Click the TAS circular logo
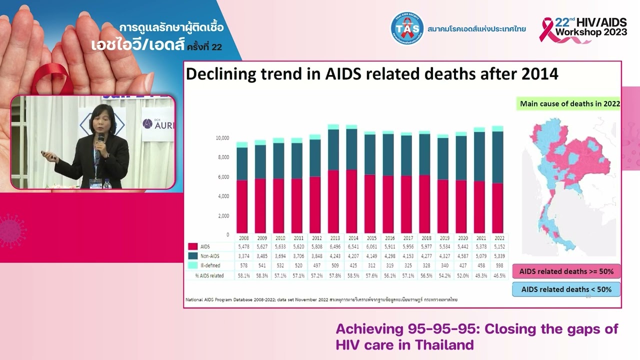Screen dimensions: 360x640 (407, 28)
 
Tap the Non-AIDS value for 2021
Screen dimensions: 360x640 (479, 256)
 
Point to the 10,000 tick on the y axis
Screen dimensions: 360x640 (222, 138)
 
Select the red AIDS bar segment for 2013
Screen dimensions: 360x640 (333, 202)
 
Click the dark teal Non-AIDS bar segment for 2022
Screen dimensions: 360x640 (497, 157)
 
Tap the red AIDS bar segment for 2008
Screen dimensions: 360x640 (242, 207)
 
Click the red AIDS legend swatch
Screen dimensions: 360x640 (193, 246)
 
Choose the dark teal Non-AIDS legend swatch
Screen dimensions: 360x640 (193, 256)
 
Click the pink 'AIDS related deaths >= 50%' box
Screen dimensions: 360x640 (566, 271)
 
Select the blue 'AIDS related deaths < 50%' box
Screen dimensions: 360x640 (566, 289)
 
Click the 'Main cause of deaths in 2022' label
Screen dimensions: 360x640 (570, 104)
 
